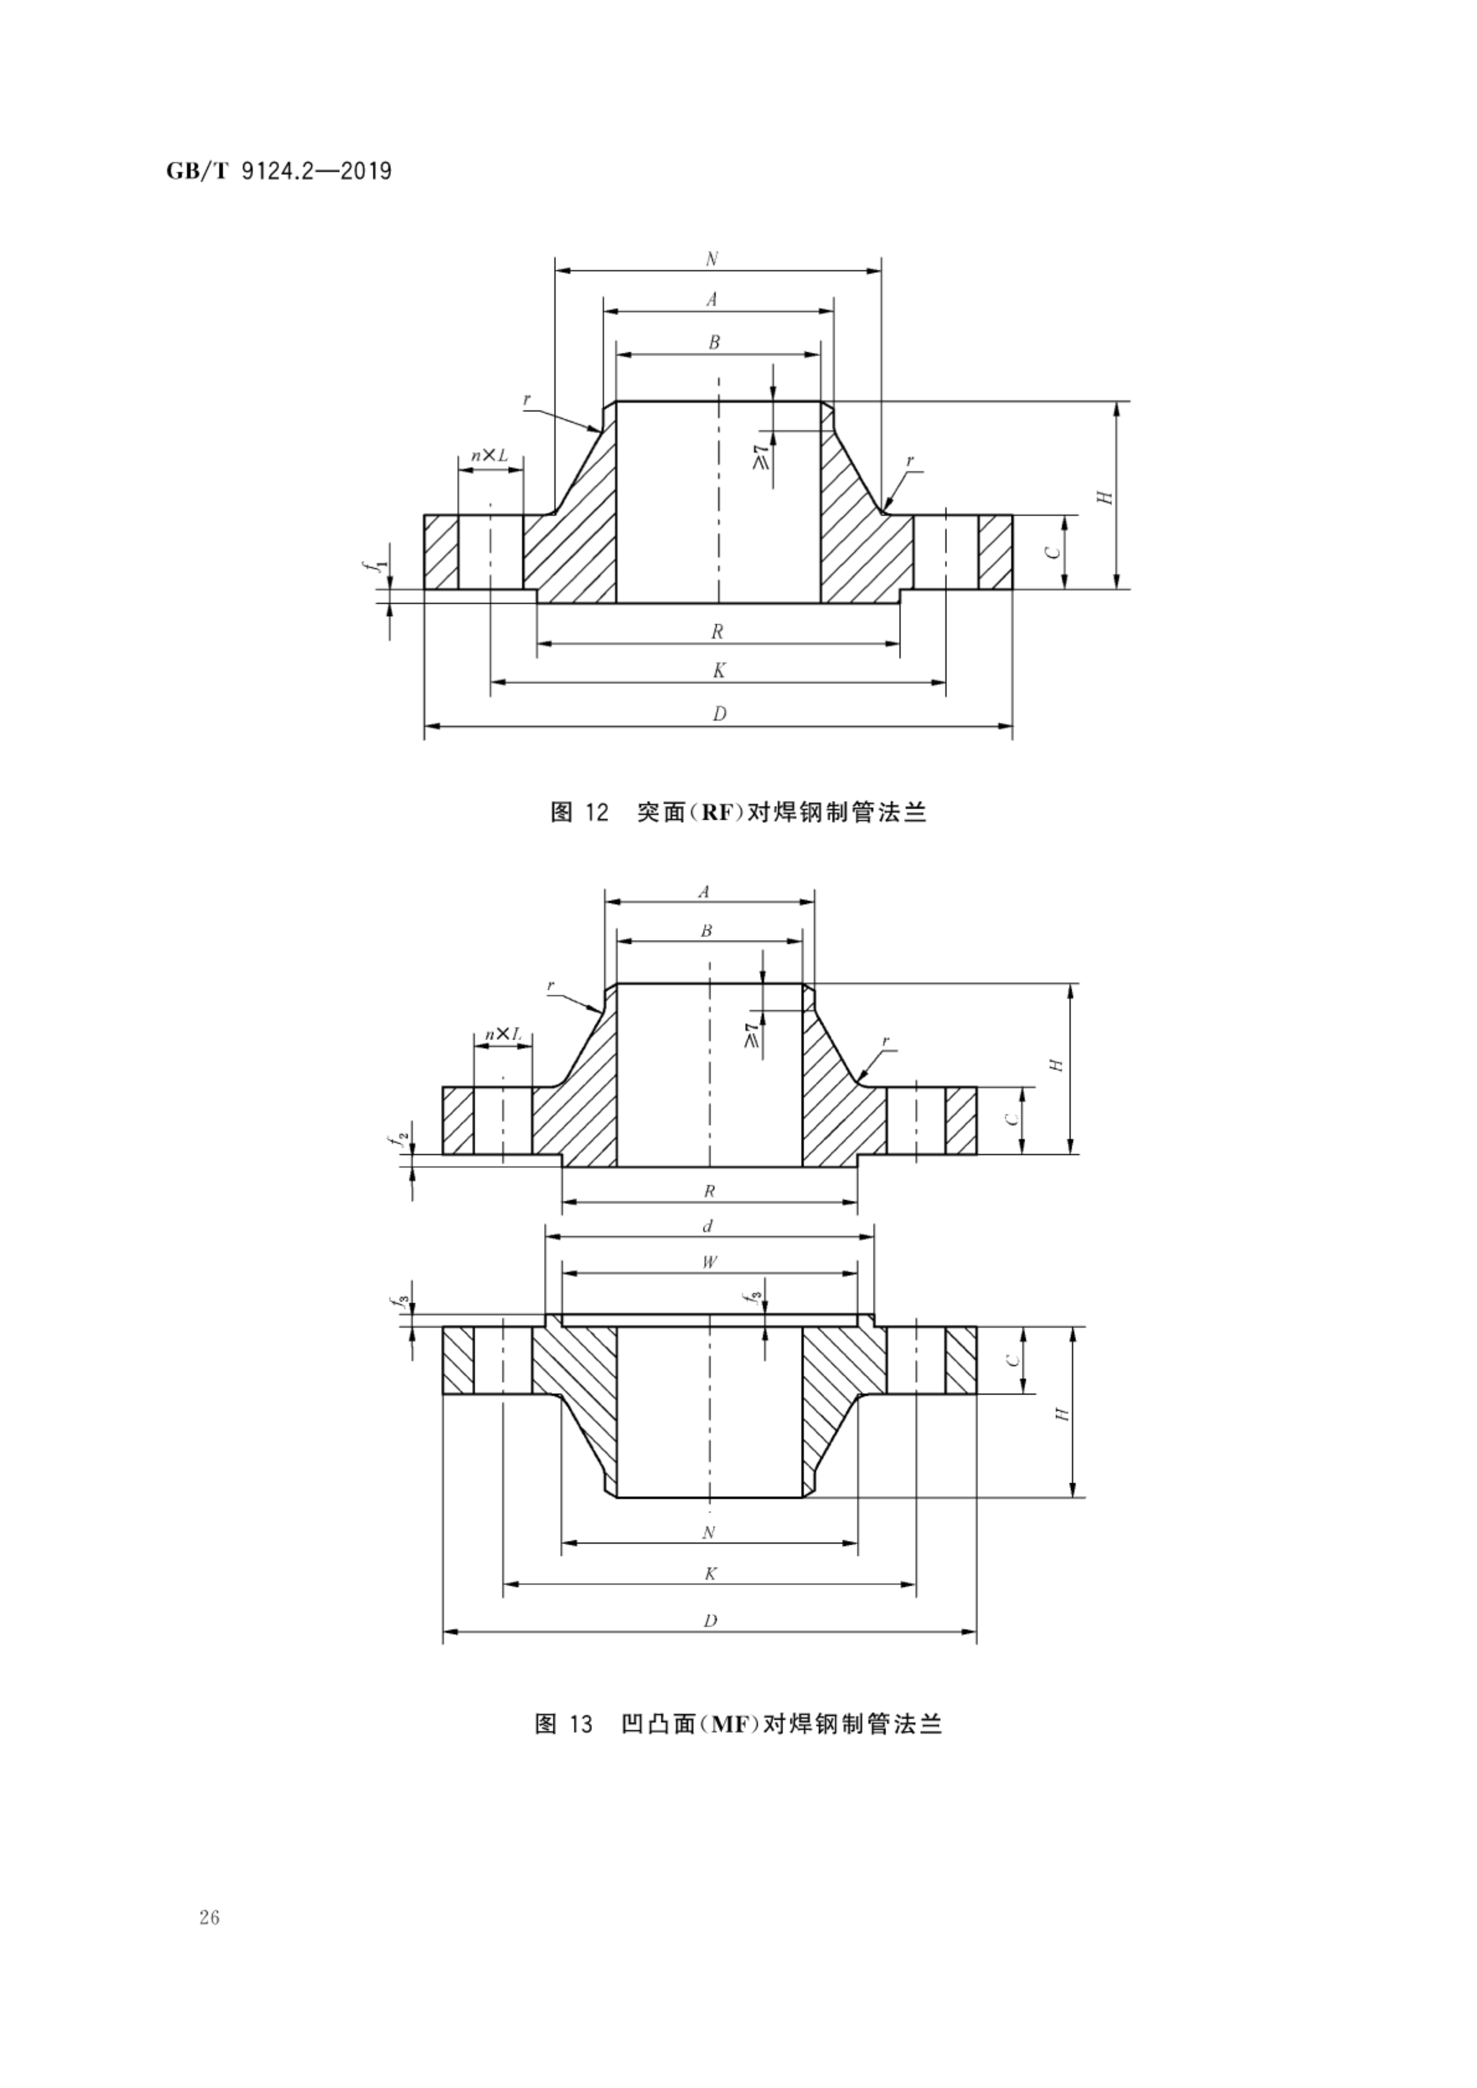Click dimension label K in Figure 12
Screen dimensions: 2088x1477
click(x=719, y=671)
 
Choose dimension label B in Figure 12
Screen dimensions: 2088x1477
click(x=715, y=342)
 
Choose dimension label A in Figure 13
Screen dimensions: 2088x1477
click(x=703, y=892)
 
